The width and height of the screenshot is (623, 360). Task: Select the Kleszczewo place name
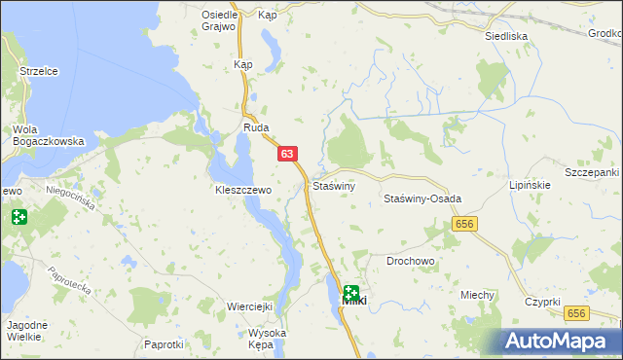click(242, 191)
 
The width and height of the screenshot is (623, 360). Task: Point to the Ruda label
click(256, 127)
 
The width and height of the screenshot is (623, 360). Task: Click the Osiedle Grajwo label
click(220, 20)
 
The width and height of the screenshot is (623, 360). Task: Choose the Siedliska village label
click(506, 35)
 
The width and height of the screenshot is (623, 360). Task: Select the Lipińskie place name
click(531, 184)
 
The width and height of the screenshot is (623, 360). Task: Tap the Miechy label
click(478, 295)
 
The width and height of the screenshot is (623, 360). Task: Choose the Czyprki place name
click(541, 303)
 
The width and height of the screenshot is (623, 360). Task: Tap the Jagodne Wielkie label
click(22, 330)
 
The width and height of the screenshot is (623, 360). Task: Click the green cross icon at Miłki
click(350, 292)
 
